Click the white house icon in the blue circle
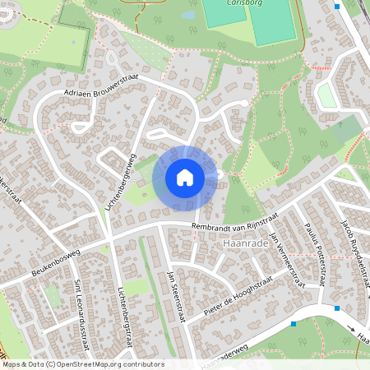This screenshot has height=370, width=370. tap(185, 177)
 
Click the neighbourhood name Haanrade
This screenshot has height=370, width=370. tap(244, 244)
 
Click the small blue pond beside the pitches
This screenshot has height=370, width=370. tap(189, 15)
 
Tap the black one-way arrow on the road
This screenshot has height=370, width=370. tap(353, 326)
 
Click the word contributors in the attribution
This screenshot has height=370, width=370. tap(140, 364)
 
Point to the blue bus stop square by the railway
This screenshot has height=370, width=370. tap(336, 7)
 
